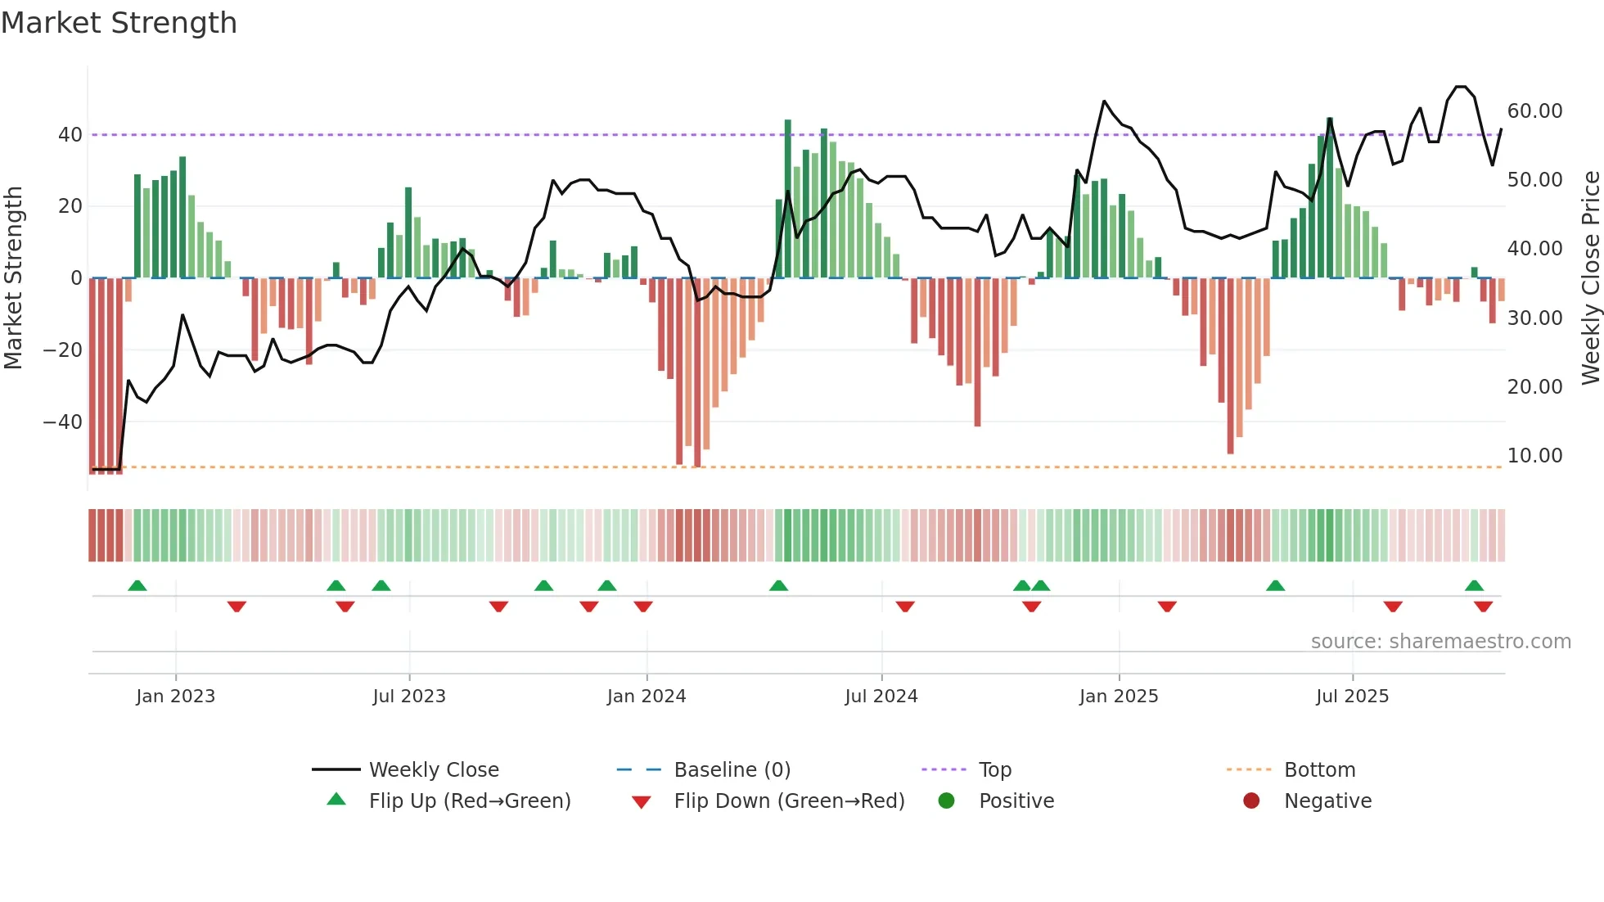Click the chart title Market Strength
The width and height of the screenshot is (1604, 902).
coord(119,23)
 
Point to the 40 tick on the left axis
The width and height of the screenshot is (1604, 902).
coord(70,134)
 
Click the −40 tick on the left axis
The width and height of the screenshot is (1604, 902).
coord(63,422)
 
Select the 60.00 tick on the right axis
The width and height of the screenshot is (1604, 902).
coord(1534,111)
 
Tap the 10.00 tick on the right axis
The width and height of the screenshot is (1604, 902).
coord(1534,456)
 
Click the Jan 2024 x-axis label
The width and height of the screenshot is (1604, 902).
coord(646,697)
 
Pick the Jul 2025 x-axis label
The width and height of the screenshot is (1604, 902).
coord(1352,697)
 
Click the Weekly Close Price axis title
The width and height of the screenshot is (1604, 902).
coord(1590,278)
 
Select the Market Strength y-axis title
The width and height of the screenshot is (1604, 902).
coord(14,278)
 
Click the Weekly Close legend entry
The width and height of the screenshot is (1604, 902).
coord(433,770)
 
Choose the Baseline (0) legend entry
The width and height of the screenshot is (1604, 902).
coord(732,770)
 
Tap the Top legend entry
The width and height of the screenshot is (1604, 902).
coord(994,770)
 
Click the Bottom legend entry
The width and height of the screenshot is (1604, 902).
coord(1319,770)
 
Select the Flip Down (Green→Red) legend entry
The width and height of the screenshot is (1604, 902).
coord(788,801)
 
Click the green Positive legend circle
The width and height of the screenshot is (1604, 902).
coord(947,801)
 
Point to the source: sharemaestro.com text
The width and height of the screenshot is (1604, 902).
coord(1440,642)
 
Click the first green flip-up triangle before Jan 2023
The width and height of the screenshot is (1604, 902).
coord(137,586)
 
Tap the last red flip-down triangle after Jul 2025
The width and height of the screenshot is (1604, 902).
coord(1483,607)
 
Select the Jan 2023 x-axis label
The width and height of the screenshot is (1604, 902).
coord(175,697)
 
